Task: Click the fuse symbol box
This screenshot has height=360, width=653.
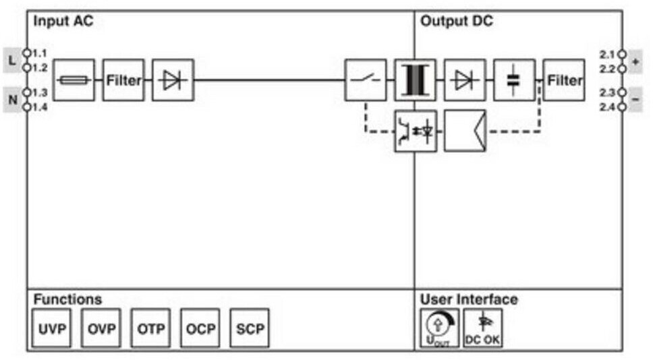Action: click(74, 80)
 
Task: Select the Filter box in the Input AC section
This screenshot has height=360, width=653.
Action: click(123, 80)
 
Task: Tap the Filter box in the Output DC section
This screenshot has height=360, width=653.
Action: click(564, 80)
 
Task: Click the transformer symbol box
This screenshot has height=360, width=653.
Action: click(415, 80)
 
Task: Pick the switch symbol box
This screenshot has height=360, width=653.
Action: click(366, 80)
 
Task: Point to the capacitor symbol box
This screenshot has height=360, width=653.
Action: click(514, 80)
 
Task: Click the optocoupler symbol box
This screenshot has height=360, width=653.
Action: click(415, 130)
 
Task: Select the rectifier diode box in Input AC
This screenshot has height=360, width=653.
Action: click(173, 80)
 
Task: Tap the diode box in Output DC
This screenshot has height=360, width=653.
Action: click(464, 80)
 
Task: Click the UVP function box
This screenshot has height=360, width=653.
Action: click(52, 328)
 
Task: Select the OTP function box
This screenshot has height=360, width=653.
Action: click(150, 328)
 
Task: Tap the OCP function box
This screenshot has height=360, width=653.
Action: click(200, 328)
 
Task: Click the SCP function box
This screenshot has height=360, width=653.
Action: click(250, 328)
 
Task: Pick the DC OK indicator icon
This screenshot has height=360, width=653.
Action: click(483, 328)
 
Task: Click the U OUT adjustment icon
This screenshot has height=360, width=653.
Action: click(439, 328)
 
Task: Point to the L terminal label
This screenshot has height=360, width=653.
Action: click(12, 60)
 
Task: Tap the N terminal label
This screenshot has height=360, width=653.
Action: click(12, 100)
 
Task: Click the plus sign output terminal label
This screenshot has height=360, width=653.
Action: click(635, 61)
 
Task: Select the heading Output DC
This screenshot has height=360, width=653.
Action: click(456, 22)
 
